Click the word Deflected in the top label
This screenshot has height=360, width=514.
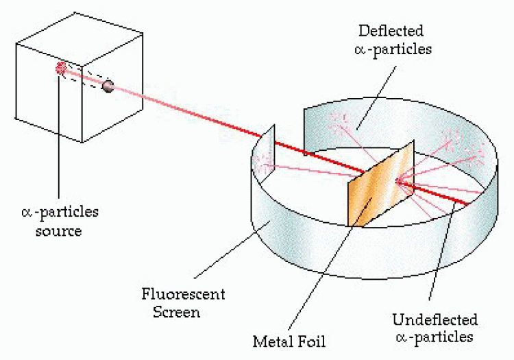[x=391, y=31]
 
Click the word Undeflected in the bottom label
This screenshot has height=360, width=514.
[x=435, y=320]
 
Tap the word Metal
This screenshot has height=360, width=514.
[x=273, y=341]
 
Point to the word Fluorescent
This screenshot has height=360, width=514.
[x=183, y=293]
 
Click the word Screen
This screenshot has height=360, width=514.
[x=176, y=311]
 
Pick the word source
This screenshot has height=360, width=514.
[x=59, y=231]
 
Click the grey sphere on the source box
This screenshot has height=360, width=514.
[x=108, y=86]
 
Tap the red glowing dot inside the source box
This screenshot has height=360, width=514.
[x=61, y=68]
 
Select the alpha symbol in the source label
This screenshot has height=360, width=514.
[x=27, y=213]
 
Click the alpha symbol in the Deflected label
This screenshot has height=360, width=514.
[x=360, y=50]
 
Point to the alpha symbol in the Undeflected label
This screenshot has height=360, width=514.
[x=401, y=337]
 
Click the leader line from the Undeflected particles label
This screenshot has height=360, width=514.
[x=442, y=251]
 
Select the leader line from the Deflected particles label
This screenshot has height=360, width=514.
[x=376, y=97]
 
